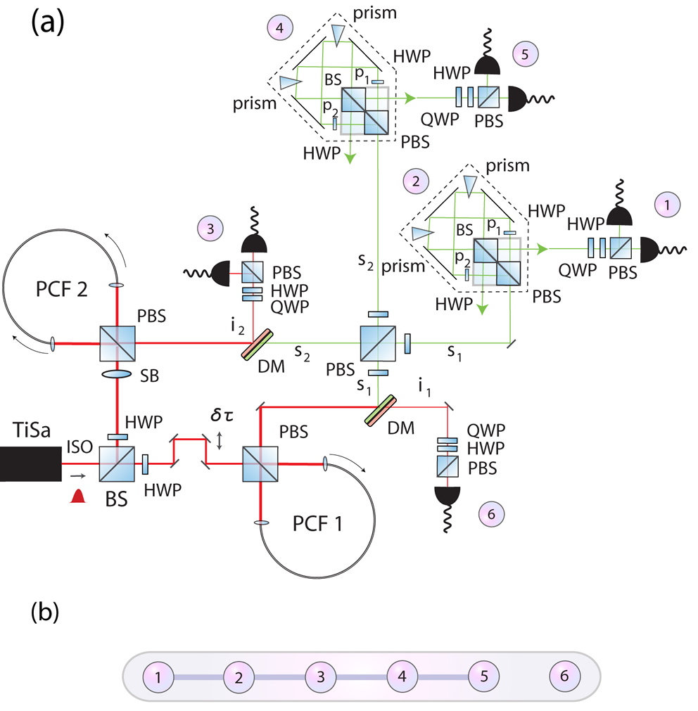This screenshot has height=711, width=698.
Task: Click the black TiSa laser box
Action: pos(30,464)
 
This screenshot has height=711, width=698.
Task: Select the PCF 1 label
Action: pos(317,524)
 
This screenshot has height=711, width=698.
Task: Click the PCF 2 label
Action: pos(61,289)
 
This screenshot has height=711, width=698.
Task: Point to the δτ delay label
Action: pos(222,415)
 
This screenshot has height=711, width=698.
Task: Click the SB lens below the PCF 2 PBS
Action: pos(117,374)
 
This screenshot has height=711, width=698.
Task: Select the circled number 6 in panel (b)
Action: pos(564,676)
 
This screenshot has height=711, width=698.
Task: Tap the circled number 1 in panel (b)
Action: pos(158,677)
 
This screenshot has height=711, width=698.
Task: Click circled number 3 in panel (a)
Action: pos(210,229)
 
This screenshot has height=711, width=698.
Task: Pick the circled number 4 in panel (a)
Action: pos(280,27)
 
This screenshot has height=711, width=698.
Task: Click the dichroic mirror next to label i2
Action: pos(258,345)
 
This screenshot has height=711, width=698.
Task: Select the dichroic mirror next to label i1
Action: pos(381,411)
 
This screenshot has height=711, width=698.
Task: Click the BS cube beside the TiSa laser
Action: pos(117,464)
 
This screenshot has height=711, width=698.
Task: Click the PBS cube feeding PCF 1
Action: pos(260,464)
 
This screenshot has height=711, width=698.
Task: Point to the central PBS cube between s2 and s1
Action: pos(378,343)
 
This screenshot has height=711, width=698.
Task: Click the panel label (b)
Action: pos(45,612)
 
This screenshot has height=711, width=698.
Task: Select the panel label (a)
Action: pos(48,23)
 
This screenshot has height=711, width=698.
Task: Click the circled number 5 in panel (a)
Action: pos(525,54)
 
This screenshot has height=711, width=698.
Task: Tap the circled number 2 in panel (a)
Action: pos(416,181)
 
